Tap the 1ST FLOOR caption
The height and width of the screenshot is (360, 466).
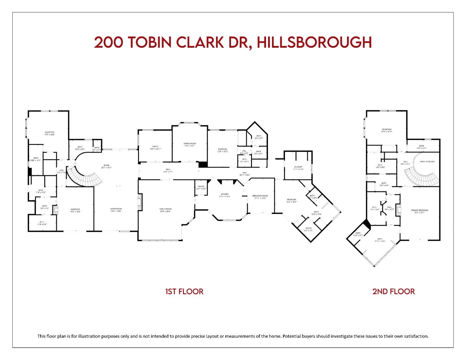tap(184, 291)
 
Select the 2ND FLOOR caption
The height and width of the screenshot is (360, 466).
tap(393, 291)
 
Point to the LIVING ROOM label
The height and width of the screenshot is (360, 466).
tap(116, 209)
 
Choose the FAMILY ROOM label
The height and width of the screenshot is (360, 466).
tap(165, 209)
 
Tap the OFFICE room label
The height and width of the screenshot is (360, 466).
tap(155, 146)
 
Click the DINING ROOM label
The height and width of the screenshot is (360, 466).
tap(189, 143)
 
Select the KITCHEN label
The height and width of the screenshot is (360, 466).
tap(224, 194)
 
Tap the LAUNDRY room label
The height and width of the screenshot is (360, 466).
tap(298, 167)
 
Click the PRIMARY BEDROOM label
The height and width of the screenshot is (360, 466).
tap(419, 210)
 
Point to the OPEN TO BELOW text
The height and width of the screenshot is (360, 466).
tap(427, 162)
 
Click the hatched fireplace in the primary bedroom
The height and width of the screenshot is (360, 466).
tap(399, 210)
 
